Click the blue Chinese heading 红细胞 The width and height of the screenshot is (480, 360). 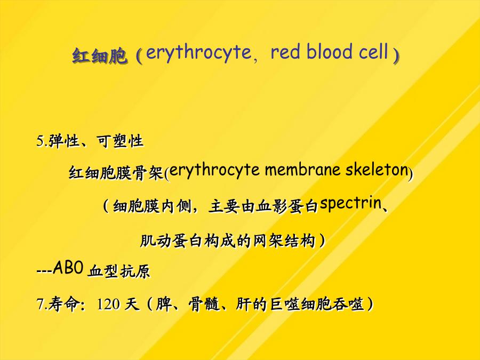pyautogui.click(x=100, y=55)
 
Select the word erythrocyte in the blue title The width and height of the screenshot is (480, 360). pyautogui.click(x=199, y=53)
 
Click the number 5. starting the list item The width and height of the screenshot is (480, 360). pyautogui.click(x=42, y=141)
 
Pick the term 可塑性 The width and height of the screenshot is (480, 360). pyautogui.click(x=120, y=141)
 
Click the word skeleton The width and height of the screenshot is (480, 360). pyautogui.click(x=377, y=170)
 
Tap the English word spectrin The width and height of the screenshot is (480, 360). pyautogui.click(x=350, y=204)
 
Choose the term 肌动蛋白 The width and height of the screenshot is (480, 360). pyautogui.click(x=171, y=241)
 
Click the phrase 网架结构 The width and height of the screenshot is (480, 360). pyautogui.click(x=284, y=241)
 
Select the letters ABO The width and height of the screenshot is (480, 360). pyautogui.click(x=68, y=268)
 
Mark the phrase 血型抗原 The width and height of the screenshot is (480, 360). pyautogui.click(x=119, y=270)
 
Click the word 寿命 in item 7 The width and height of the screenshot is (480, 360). pyautogui.click(x=63, y=305)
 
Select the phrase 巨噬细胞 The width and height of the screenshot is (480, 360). pyautogui.click(x=301, y=305)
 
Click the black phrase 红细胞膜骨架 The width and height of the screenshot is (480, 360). pyautogui.click(x=116, y=173)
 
